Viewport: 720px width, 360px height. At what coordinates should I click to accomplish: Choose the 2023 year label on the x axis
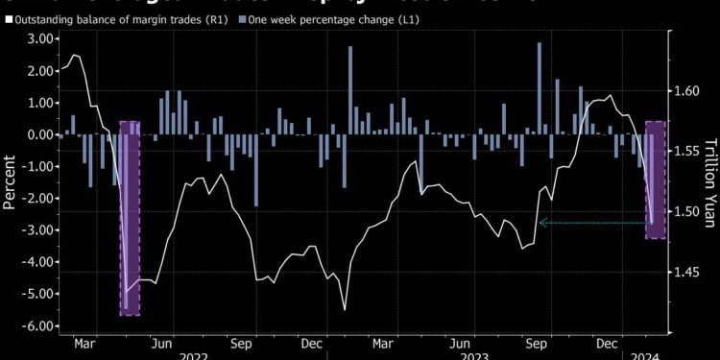(x=480, y=354)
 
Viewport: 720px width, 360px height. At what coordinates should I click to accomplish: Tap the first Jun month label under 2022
(x=162, y=341)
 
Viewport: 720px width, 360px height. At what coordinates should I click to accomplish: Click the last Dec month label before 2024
(x=605, y=341)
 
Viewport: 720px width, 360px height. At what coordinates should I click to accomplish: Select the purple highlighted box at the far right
(x=656, y=180)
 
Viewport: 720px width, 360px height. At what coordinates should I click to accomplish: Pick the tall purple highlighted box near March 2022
(x=130, y=218)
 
